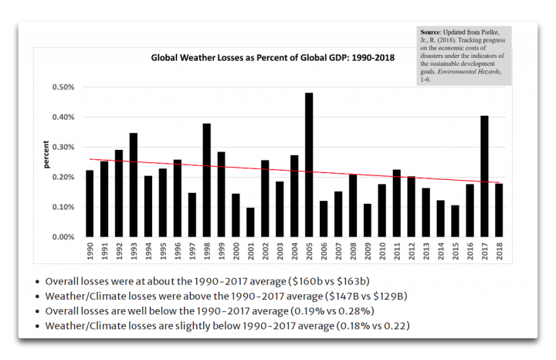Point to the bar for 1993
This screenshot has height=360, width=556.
point(134,185)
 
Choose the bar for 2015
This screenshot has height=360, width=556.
point(456,221)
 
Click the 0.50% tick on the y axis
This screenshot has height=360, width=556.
point(63,87)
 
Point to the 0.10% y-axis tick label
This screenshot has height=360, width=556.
point(63,207)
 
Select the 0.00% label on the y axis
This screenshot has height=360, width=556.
point(63,237)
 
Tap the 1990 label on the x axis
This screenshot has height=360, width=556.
point(90,252)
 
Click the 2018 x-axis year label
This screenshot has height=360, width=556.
point(500,252)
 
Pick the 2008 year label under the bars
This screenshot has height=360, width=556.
point(353,252)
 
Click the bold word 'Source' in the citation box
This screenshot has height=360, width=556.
point(433,32)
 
